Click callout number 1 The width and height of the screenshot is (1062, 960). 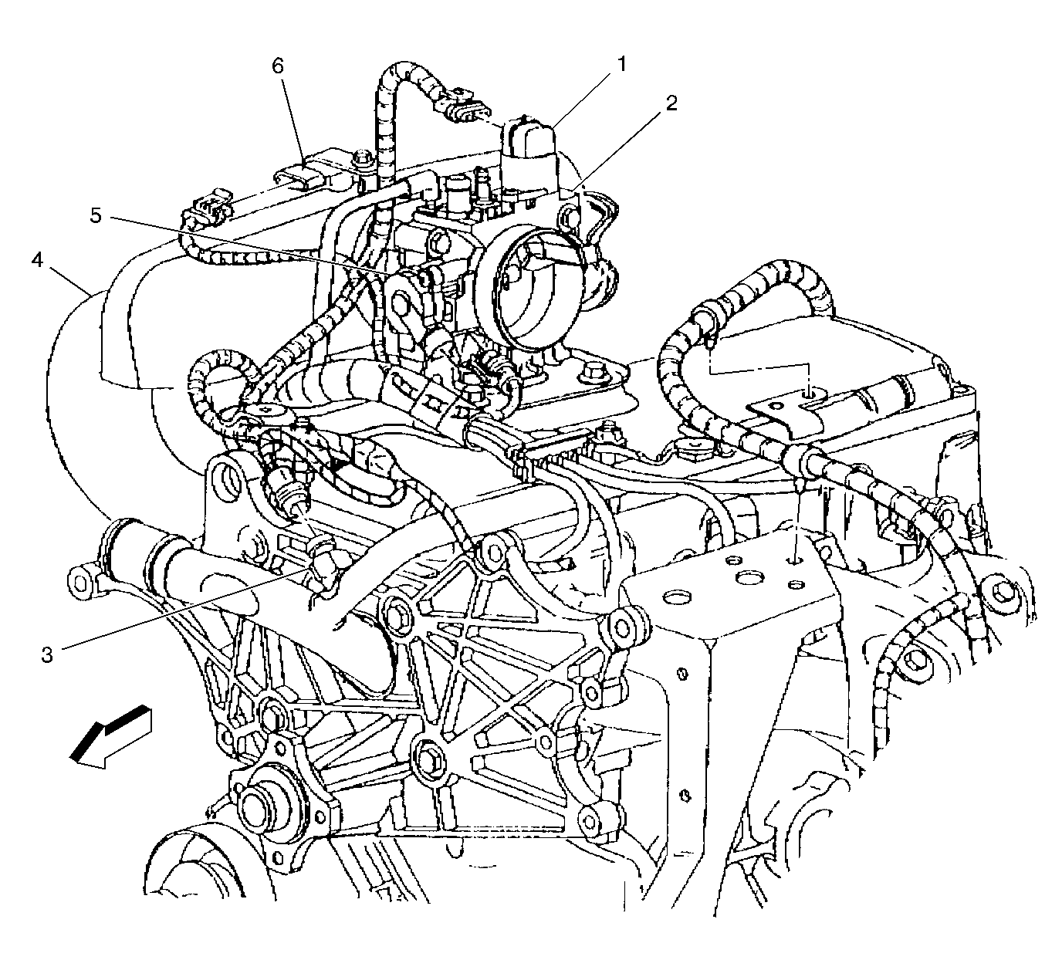(x=622, y=65)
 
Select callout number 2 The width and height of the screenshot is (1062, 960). (x=671, y=103)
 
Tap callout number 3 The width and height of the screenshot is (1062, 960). (x=48, y=655)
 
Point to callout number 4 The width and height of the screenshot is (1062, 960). (x=36, y=261)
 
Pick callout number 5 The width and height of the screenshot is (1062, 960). (x=95, y=216)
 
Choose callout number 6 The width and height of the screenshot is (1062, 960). (x=278, y=66)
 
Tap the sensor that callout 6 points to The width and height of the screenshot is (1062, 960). (x=307, y=172)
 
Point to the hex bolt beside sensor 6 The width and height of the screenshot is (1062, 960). (x=364, y=157)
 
